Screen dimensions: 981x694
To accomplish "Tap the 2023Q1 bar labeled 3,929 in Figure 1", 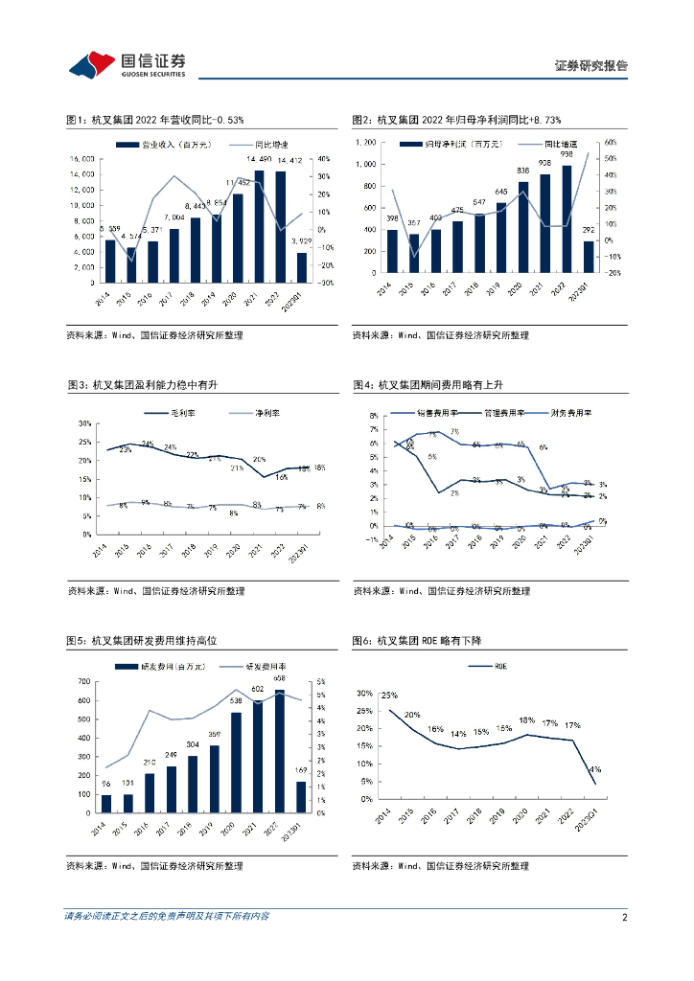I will click(x=302, y=267).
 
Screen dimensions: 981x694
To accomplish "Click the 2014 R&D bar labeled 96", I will click(x=105, y=804).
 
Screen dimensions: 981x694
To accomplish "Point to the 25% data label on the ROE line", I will click(x=389, y=696).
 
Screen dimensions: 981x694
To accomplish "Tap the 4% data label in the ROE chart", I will click(x=595, y=768).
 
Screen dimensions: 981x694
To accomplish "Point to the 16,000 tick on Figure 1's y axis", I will click(x=81, y=159).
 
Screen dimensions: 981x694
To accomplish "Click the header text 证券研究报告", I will click(x=591, y=65).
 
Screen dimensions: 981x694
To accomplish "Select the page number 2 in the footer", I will click(x=624, y=917).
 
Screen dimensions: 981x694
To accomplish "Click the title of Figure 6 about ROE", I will click(x=414, y=640).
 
